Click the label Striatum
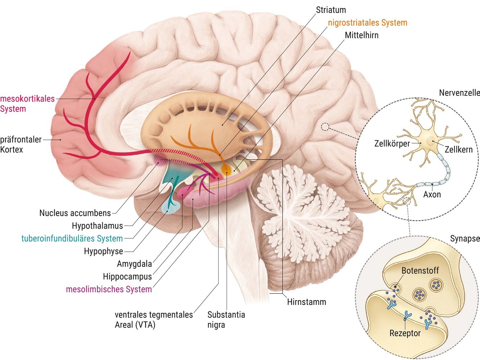pos(331,10)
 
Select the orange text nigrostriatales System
pos(367,23)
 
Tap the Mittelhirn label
pos(362,35)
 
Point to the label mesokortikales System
pos(27,104)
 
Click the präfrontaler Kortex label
pos(21,144)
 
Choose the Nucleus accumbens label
pos(75,213)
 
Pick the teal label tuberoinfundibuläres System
pos(72,238)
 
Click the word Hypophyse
pos(103,251)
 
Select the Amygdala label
pos(134,264)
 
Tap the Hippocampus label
pos(127,276)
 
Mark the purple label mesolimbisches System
pos(109,289)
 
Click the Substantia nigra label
pos(226,319)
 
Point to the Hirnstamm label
pos(306,302)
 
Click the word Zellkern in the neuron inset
pos(458,149)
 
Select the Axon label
pos(432,194)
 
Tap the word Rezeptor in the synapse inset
pos(405,333)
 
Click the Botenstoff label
pos(420,270)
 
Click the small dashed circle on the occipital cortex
pos(325,127)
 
